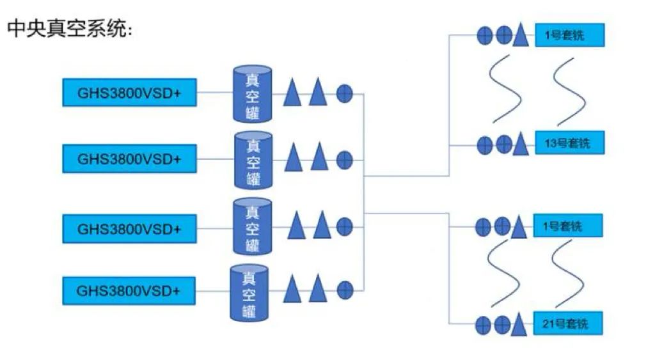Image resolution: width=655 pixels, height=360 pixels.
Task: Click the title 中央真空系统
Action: point(70,29)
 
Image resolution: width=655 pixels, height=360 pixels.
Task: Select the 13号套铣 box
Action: point(569,143)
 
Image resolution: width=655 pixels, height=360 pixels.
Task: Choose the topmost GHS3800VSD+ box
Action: point(129,93)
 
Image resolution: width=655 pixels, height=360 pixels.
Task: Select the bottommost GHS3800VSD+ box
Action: point(128,290)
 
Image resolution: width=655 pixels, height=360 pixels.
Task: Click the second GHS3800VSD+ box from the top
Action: point(129,159)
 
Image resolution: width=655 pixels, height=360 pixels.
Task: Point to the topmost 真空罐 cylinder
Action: point(252,94)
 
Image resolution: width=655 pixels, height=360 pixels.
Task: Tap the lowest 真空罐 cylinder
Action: point(249,293)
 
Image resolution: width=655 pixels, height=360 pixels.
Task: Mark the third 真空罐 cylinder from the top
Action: point(253,227)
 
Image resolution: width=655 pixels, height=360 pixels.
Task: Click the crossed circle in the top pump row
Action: point(344,93)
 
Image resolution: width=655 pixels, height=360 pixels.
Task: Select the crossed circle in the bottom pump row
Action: point(345,290)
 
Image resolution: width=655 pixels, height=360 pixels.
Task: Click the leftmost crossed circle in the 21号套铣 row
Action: point(484,324)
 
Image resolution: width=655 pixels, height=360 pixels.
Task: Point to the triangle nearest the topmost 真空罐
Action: point(292,92)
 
